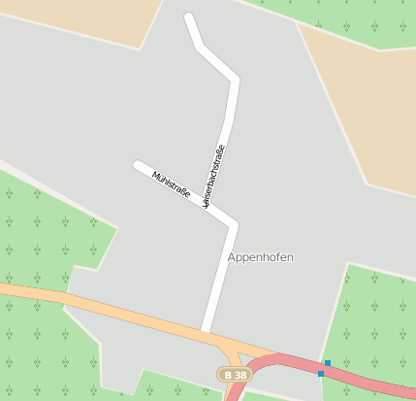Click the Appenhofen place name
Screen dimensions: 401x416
260,257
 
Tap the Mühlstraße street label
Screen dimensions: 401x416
171,184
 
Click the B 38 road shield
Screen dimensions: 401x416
233,374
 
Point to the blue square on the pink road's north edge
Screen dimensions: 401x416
328,363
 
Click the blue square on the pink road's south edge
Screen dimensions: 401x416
321,373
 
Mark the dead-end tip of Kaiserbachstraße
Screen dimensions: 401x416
189,17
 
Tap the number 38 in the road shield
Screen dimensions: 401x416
240,374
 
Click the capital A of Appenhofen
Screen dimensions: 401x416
232,257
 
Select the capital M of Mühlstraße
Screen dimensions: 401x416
156,175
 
